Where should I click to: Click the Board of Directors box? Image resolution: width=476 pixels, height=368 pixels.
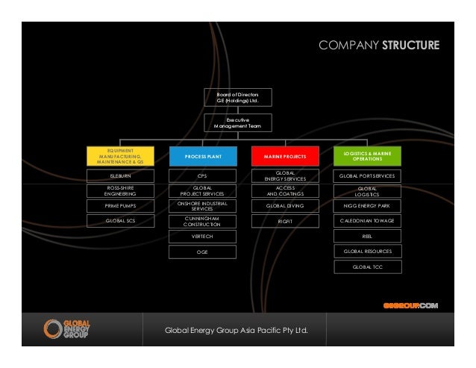tap(238, 98)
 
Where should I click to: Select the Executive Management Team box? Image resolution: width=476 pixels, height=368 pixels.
tap(238, 123)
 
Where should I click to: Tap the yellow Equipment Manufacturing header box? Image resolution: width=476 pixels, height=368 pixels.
tap(121, 155)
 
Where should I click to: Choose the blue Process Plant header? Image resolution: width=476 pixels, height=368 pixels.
tap(202, 156)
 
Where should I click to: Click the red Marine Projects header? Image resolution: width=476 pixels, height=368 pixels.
tap(285, 156)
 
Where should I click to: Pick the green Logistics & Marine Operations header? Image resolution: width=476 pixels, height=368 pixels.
tap(368, 155)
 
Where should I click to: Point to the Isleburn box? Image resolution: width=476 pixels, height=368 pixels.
tap(121, 176)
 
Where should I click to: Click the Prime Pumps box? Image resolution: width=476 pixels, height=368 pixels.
tap(121, 205)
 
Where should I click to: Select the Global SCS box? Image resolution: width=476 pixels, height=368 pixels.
tap(121, 221)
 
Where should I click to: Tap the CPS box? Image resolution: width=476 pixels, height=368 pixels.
tap(202, 176)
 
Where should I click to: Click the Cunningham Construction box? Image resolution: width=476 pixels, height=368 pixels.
tap(202, 221)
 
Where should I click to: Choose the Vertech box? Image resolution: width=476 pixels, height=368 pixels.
tap(202, 237)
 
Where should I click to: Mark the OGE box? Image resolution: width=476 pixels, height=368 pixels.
tap(202, 252)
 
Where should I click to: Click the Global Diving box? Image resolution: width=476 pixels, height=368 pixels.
tap(285, 205)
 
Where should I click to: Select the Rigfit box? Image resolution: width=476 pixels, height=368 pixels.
tap(285, 221)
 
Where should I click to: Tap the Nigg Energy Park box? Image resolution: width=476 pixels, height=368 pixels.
tap(368, 205)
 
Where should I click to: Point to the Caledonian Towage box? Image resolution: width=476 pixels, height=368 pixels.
tap(368, 221)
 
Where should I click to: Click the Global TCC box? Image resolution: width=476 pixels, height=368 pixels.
tap(368, 266)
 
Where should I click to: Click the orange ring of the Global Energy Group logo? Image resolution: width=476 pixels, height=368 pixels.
tap(54, 328)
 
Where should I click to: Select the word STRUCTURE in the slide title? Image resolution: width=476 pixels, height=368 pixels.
tap(410, 46)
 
